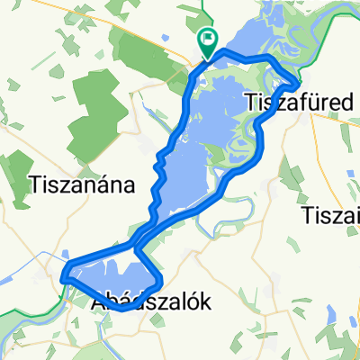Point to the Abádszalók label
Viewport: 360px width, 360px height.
coord(152,303)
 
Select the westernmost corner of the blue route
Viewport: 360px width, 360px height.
coord(64,278)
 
